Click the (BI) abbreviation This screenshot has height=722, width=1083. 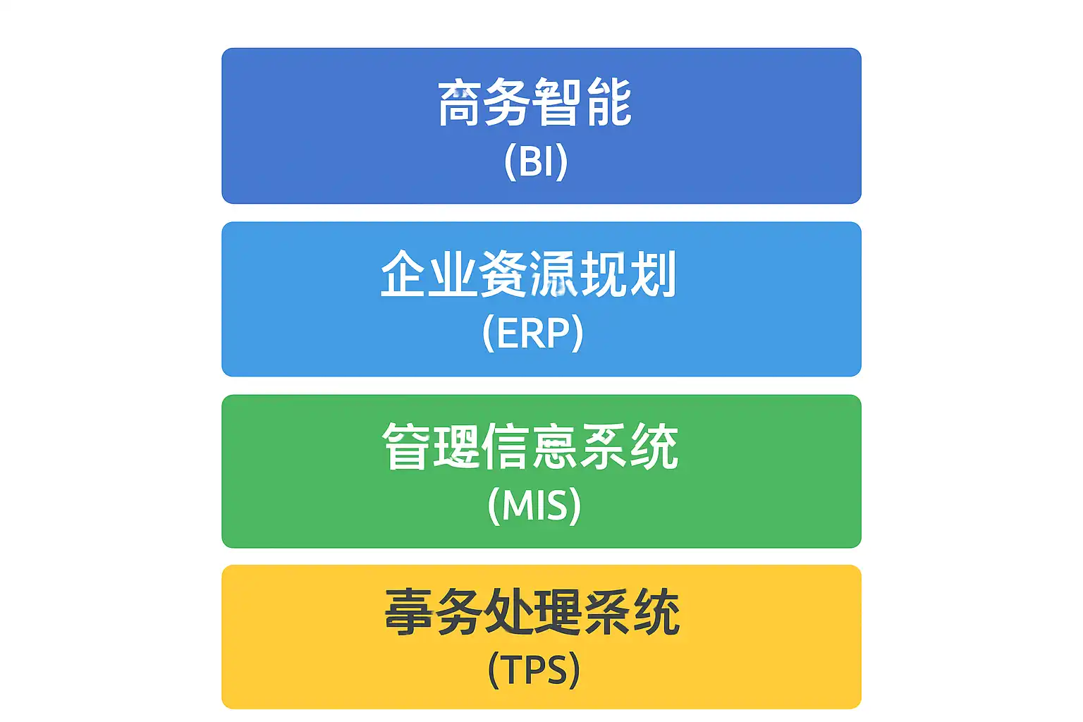pyautogui.click(x=536, y=161)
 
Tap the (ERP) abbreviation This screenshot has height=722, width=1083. pyautogui.click(x=533, y=333)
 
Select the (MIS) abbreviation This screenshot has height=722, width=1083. pyautogui.click(x=534, y=505)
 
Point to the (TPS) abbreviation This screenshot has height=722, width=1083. pyautogui.click(x=534, y=669)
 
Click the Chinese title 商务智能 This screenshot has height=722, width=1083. pyautogui.click(x=534, y=103)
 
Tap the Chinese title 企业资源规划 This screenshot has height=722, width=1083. pyautogui.click(x=529, y=274)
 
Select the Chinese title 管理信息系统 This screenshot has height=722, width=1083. pyautogui.click(x=530, y=446)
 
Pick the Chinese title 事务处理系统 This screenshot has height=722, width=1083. pyautogui.click(x=532, y=612)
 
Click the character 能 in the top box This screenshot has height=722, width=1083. pyautogui.click(x=608, y=103)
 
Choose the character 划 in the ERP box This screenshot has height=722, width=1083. pyautogui.click(x=654, y=274)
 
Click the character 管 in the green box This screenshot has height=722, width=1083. pyautogui.click(x=406, y=446)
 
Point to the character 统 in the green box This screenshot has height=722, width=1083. pyautogui.click(x=654, y=446)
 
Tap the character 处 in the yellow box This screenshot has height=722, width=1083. pyautogui.click(x=508, y=612)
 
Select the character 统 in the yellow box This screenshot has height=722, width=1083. pyautogui.click(x=656, y=612)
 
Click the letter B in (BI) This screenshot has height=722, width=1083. pyautogui.click(x=530, y=161)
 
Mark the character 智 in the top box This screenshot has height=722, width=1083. pyautogui.click(x=558, y=103)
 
